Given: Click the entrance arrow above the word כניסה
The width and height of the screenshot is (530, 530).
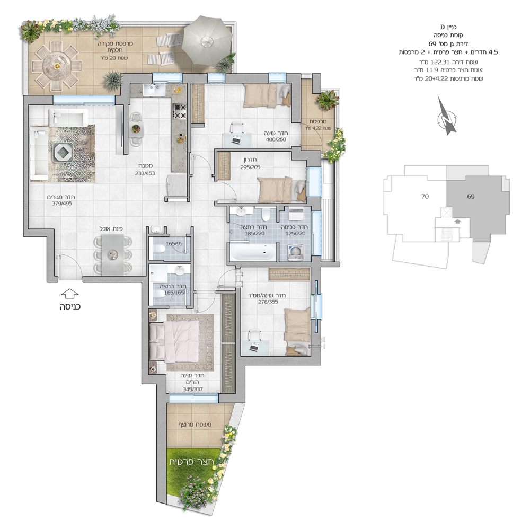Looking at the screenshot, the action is [x=70, y=294].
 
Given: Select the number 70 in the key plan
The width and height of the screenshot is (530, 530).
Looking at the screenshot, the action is [x=425, y=196].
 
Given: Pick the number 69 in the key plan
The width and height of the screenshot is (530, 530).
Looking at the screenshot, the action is [x=471, y=196].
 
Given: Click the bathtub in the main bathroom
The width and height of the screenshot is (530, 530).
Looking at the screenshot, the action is [x=253, y=251].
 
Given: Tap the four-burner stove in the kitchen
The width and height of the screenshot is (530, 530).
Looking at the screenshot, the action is [x=179, y=111].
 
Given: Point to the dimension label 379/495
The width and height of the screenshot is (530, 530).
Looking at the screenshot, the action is [x=62, y=204].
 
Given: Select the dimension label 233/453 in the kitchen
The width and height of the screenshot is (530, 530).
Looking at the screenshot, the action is [x=144, y=173].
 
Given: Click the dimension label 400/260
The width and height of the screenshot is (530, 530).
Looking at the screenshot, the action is [x=276, y=139].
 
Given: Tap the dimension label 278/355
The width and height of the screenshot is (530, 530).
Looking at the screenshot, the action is [x=268, y=302].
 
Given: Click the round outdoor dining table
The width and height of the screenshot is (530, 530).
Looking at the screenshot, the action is [x=57, y=66].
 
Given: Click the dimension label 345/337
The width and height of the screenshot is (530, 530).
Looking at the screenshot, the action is [x=193, y=389].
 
